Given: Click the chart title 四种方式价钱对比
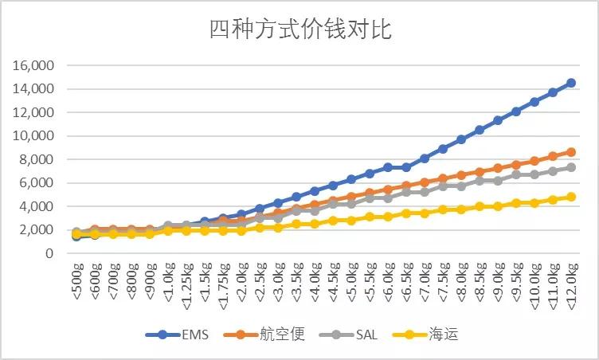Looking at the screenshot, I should click(x=299, y=30).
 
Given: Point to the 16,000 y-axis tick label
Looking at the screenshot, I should click(x=33, y=65).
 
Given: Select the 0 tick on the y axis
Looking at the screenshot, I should click(x=49, y=253).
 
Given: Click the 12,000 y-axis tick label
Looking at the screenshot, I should click(x=33, y=112).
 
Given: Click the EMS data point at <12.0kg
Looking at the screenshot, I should click(x=571, y=83).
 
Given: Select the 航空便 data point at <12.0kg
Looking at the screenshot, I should click(x=571, y=152).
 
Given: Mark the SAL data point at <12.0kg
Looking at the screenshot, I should click(x=571, y=167).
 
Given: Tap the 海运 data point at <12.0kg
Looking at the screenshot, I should click(x=571, y=197).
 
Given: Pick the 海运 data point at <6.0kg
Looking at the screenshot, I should click(x=388, y=217).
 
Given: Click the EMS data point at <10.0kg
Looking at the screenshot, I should click(x=534, y=102).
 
